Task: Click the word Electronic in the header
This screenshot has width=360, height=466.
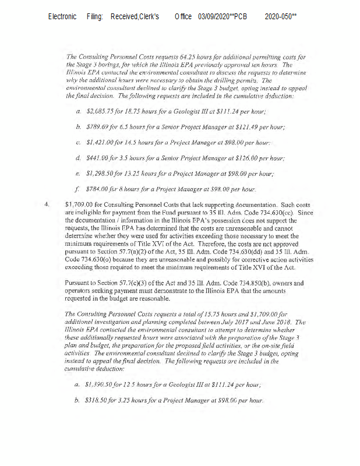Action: (62, 17)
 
